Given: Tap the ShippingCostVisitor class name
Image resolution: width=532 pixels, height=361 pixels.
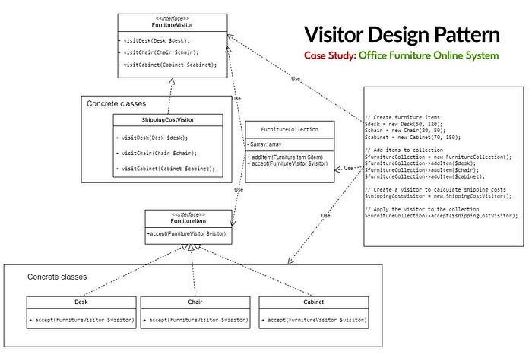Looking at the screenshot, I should [x=168, y=120].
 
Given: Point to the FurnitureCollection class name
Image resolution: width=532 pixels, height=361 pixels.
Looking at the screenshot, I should [x=290, y=129].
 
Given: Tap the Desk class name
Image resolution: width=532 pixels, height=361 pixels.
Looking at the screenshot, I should [x=81, y=302].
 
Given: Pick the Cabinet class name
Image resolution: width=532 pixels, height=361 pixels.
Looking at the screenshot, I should [x=313, y=302].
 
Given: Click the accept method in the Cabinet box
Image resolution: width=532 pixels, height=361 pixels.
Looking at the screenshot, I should [x=313, y=320].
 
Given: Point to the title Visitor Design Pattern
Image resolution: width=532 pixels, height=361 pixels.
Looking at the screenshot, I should [x=402, y=35].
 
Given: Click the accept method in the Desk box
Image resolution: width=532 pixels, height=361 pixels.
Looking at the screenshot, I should [x=81, y=320].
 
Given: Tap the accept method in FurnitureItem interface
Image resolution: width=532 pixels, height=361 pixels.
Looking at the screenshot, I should [x=187, y=233].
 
